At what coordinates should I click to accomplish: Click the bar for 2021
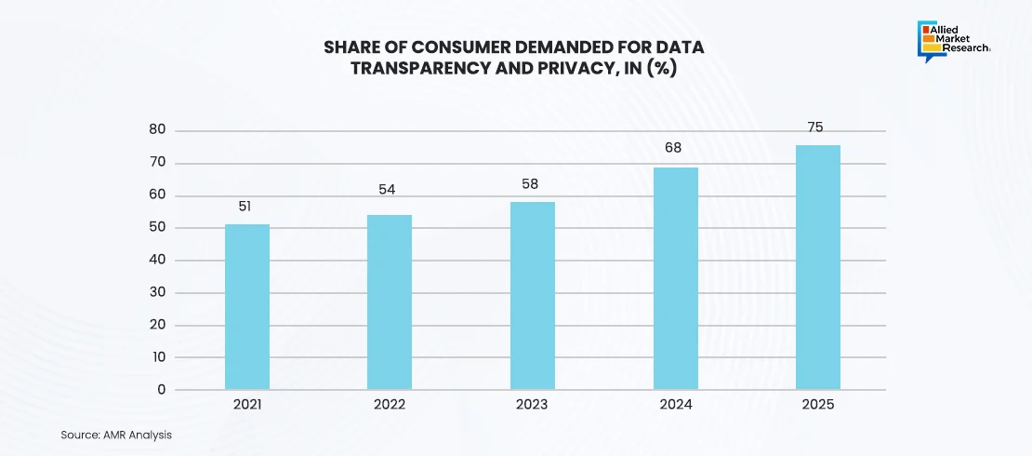pos(247,307)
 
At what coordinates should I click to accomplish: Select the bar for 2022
pos(390,302)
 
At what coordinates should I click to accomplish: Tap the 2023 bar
pos(533,296)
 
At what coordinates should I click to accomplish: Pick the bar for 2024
pos(676,278)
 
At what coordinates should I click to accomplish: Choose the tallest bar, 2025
pos(818,267)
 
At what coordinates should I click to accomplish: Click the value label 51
pos(245,207)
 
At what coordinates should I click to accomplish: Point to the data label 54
pos(388,189)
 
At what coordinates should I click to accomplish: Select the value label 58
pos(531,184)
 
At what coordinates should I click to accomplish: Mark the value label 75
pos(817,127)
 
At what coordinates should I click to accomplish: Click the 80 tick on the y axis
pos(157,131)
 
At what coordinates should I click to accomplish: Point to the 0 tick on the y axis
pos(162,390)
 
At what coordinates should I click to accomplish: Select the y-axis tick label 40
pos(157,261)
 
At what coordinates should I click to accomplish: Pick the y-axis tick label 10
pos(158,357)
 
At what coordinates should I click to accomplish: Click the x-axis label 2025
pos(817,406)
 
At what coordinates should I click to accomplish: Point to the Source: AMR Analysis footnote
pos(116,435)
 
